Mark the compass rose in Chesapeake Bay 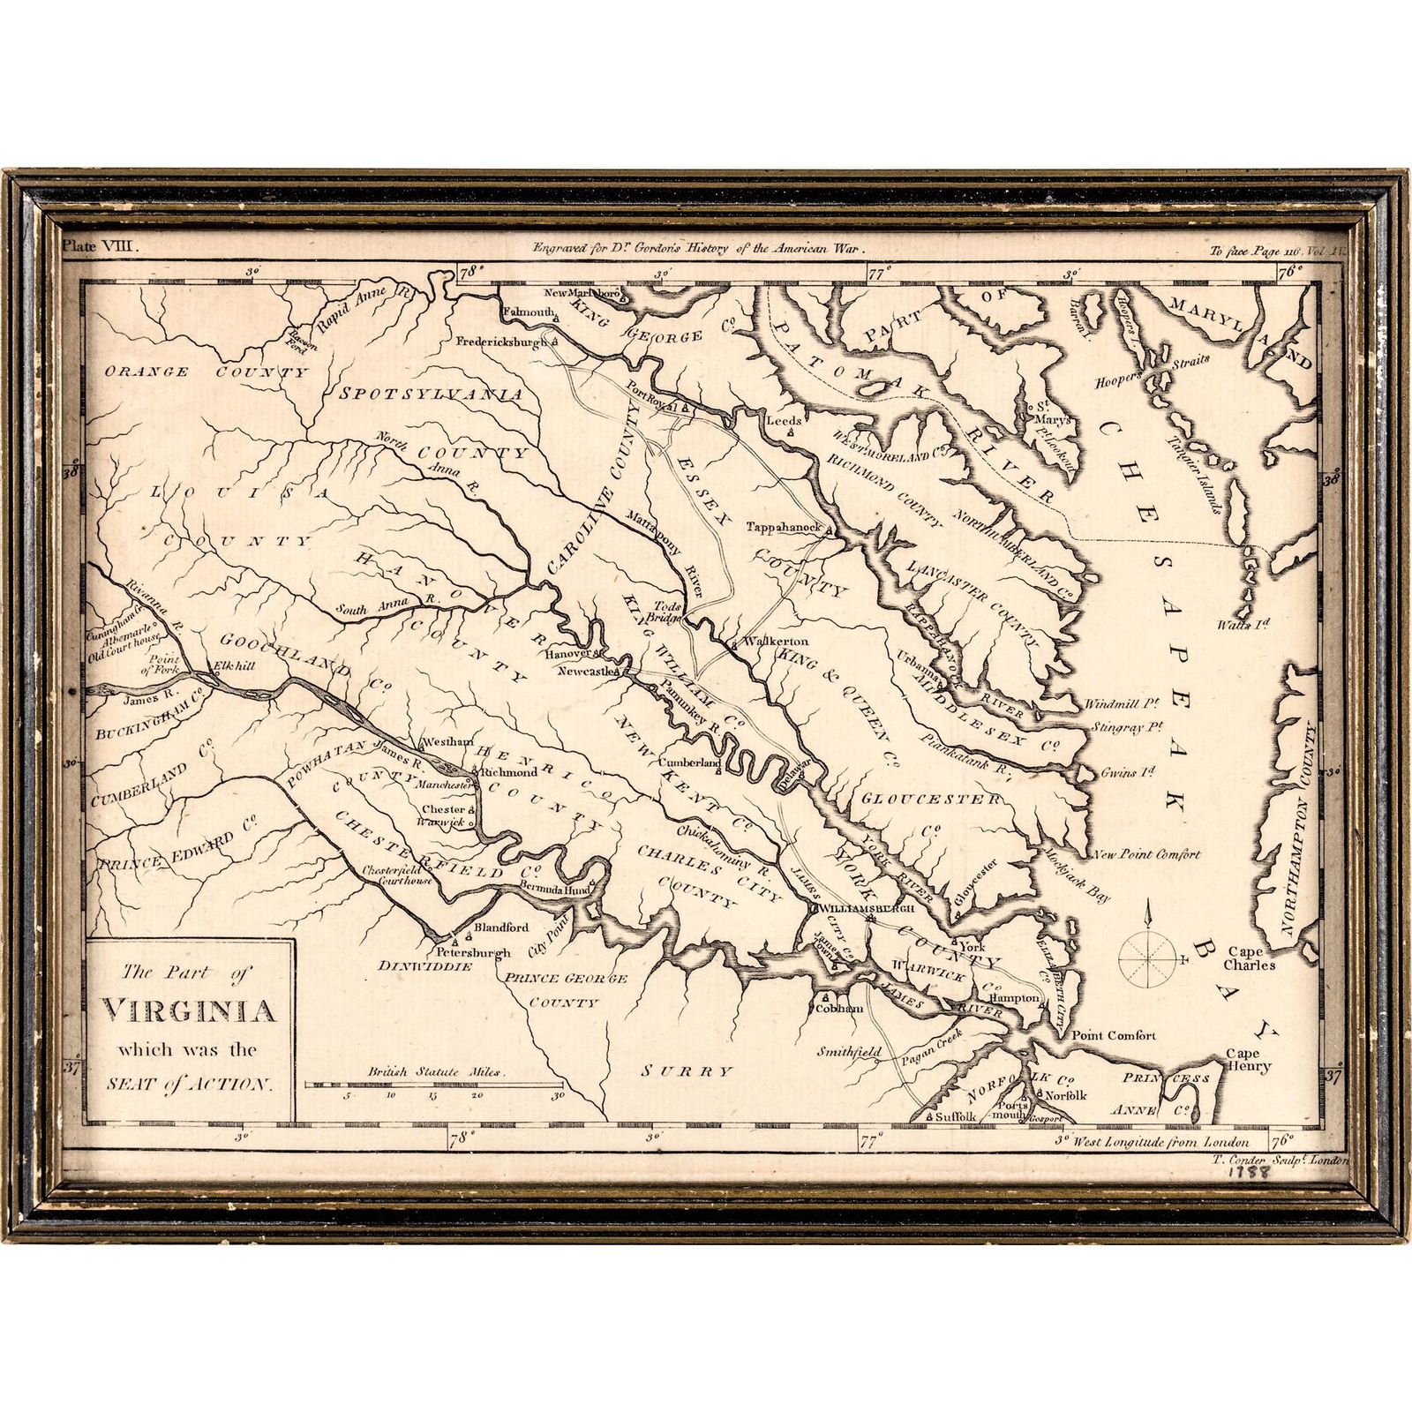coord(1148,958)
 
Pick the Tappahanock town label coord(784,527)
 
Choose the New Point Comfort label coord(1146,854)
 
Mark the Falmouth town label coord(528,312)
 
